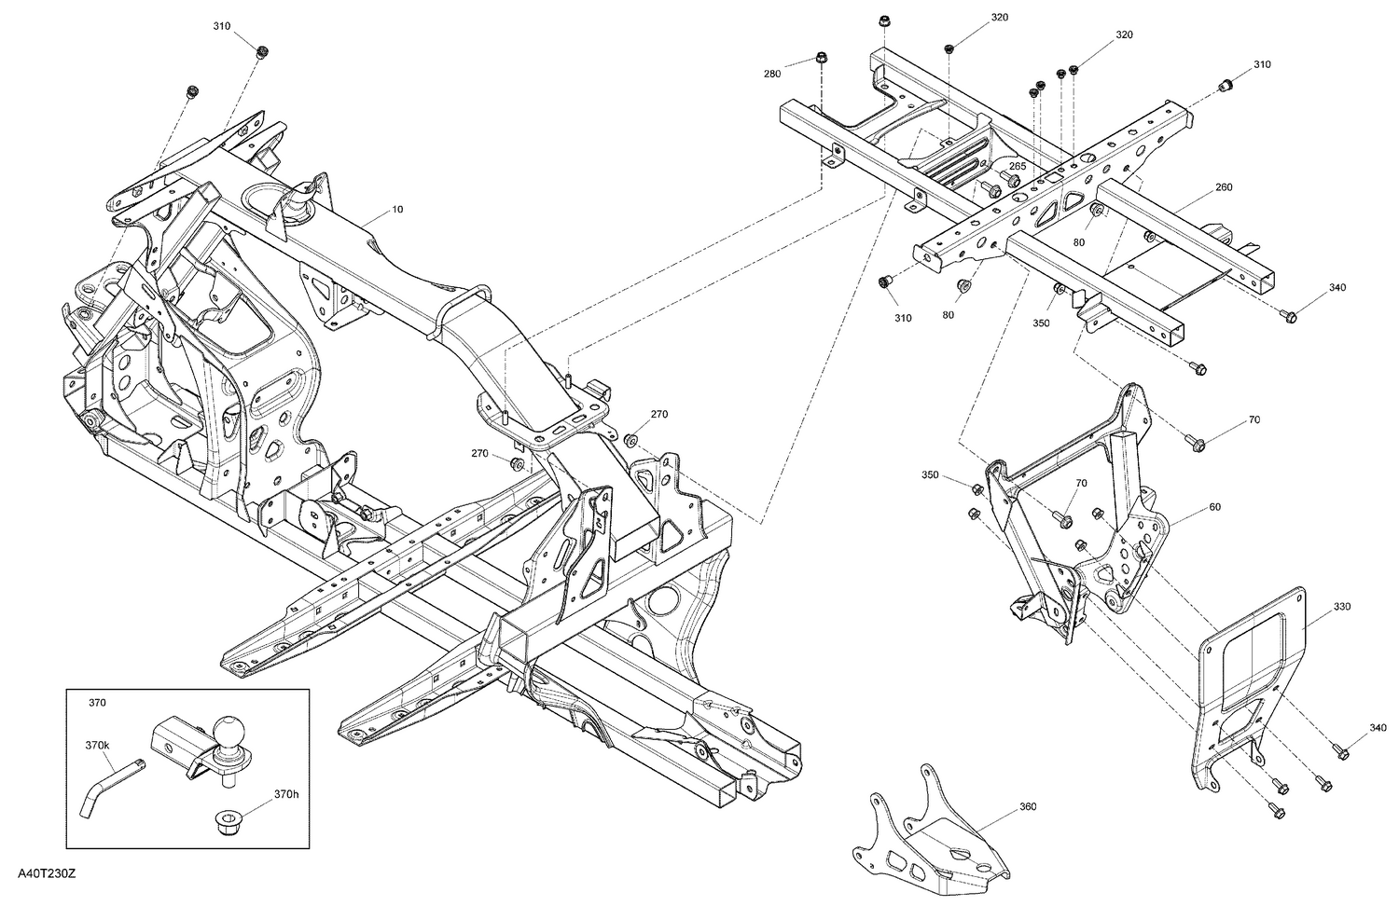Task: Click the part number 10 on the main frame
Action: click(x=397, y=210)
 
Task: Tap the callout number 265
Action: click(x=1018, y=166)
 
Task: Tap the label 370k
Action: click(x=98, y=746)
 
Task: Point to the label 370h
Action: click(x=285, y=793)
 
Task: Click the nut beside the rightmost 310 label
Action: click(x=1226, y=87)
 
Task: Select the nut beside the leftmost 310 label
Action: click(x=261, y=50)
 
